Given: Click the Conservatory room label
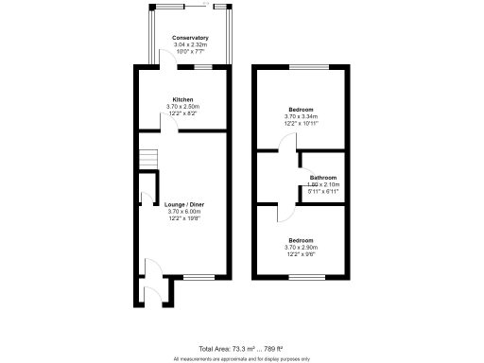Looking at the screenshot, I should pyautogui.click(x=189, y=38).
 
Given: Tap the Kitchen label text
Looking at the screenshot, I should pyautogui.click(x=182, y=99).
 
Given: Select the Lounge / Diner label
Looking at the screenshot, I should pyautogui.click(x=182, y=205).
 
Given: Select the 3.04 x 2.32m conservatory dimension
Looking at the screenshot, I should pyautogui.click(x=189, y=44).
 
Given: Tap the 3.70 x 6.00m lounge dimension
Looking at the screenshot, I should pyautogui.click(x=182, y=212).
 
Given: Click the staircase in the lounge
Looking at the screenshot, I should pyautogui.click(x=147, y=161).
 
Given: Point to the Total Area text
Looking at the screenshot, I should pyautogui.click(x=242, y=349).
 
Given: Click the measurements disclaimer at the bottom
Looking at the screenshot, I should pyautogui.click(x=242, y=358).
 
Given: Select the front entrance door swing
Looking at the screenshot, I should pyautogui.click(x=148, y=268).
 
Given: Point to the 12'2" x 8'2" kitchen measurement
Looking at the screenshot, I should pyautogui.click(x=182, y=112).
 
